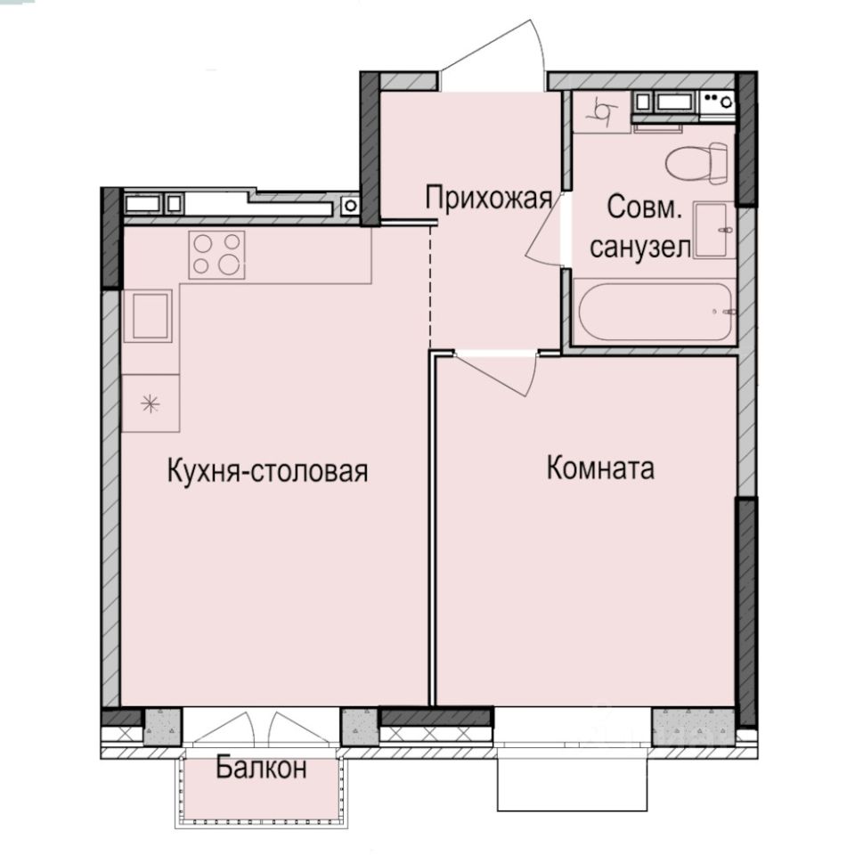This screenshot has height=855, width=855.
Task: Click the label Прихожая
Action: tap(489, 199)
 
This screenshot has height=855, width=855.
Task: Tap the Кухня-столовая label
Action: tap(267, 471)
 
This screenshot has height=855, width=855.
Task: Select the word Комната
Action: tap(599, 468)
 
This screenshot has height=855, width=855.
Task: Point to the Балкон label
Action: tap(261, 768)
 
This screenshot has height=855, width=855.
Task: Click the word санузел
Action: tap(640, 248)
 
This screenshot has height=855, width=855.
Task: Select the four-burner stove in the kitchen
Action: tap(216, 255)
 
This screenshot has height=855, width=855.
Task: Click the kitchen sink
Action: tap(149, 316)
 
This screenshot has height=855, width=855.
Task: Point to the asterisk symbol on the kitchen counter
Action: tap(151, 403)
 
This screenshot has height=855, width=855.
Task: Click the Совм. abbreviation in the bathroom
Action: tap(645, 208)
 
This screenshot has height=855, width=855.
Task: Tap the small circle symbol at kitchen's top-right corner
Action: tap(351, 206)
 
